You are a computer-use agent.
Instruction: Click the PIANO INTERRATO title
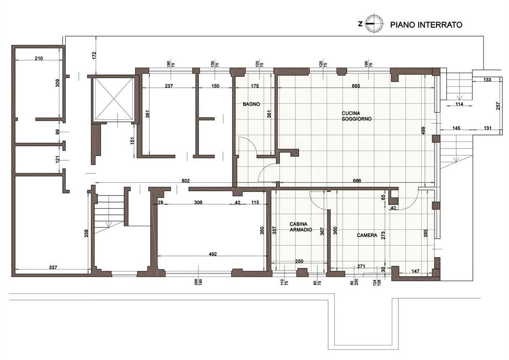tap(426, 25)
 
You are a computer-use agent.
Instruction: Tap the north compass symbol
tap(372, 24)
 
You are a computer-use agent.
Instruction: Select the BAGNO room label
tap(251, 104)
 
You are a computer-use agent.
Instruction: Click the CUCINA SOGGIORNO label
tap(356, 116)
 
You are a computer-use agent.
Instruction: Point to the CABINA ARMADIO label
tap(300, 227)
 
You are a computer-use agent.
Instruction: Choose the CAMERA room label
tap(367, 235)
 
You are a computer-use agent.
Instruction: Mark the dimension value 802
tap(185, 181)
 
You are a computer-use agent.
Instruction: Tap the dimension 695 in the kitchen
tap(356, 86)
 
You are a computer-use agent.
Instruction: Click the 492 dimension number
tap(213, 254)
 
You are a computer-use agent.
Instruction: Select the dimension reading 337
tap(53, 267)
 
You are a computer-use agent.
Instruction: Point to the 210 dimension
tap(38, 59)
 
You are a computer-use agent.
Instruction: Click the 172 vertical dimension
tap(95, 55)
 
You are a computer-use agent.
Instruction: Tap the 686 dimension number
tap(356, 181)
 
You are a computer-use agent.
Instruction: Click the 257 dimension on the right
tap(498, 106)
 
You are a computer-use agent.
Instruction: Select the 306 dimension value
tap(198, 202)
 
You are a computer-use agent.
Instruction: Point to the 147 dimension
tap(415, 271)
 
